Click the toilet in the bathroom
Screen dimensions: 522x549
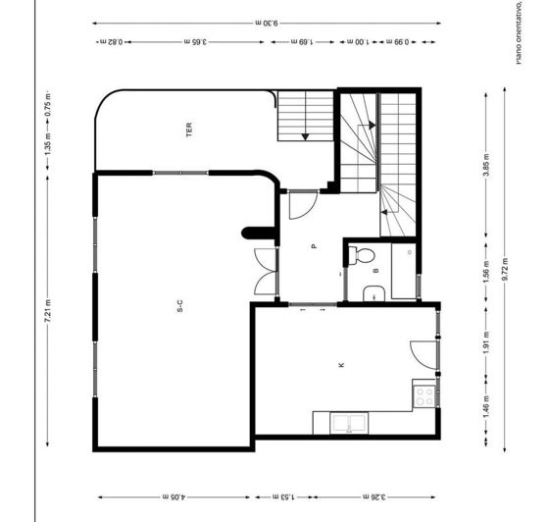362,256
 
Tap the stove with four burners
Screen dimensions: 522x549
425,396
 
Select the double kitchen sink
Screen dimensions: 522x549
348,424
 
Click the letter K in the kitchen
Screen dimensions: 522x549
341,365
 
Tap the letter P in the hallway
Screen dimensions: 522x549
314,247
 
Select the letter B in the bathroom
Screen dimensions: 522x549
375,270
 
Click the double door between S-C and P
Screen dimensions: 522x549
264,272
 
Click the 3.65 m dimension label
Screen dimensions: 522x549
197,41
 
